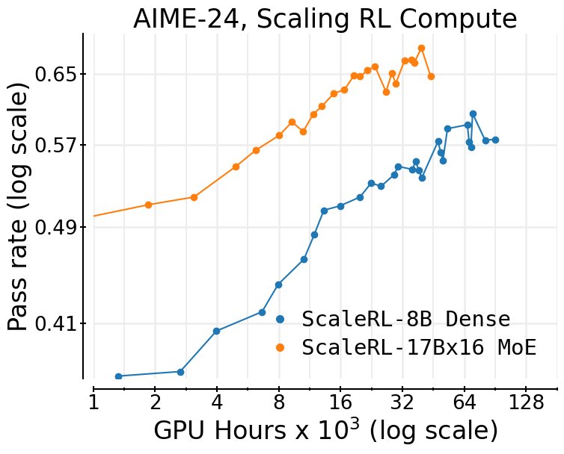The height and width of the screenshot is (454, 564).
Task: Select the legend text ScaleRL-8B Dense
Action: click(x=405, y=319)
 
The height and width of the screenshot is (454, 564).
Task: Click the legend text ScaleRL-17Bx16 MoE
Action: click(x=419, y=347)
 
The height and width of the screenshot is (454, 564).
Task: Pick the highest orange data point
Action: click(x=421, y=48)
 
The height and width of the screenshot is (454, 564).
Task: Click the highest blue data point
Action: click(x=473, y=113)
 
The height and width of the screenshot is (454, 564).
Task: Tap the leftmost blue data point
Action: click(x=118, y=376)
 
